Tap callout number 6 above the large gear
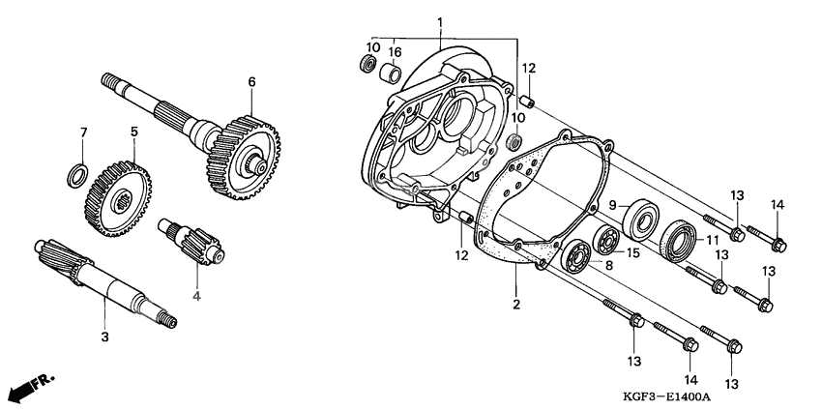point(251,82)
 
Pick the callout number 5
point(134,132)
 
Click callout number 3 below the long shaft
point(104,337)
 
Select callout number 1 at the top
point(439,21)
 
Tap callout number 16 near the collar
point(396,50)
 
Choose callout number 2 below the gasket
point(516,305)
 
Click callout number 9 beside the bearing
point(612,204)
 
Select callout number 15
point(633,253)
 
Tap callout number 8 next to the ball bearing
point(608,265)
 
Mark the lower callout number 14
point(690,379)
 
